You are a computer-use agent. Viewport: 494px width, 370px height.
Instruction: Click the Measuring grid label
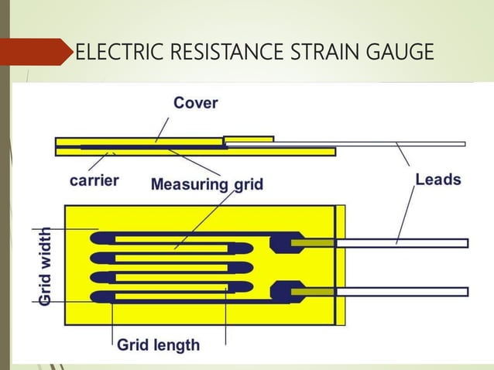pyautogui.click(x=207, y=184)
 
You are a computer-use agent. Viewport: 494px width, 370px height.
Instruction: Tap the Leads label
pyautogui.click(x=438, y=180)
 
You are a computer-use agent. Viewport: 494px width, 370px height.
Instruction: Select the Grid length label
pyautogui.click(x=158, y=344)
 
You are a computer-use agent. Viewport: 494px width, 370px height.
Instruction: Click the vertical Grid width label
pyautogui.click(x=46, y=266)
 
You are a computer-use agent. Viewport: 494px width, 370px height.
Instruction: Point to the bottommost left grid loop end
pyautogui.click(x=101, y=296)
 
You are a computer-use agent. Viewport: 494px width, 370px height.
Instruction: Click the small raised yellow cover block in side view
pyautogui.click(x=249, y=139)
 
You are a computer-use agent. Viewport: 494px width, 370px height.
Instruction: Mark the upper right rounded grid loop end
pyautogui.click(x=241, y=248)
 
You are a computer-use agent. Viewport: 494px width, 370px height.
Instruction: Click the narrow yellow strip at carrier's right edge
pyautogui.click(x=340, y=265)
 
